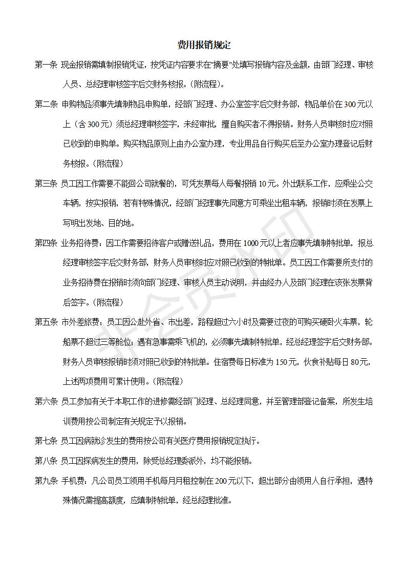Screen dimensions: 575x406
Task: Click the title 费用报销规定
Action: tap(204, 45)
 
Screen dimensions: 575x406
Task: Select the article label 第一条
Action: tap(46, 65)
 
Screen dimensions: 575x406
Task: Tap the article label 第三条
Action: tap(46, 184)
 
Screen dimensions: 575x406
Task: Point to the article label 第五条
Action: tap(46, 322)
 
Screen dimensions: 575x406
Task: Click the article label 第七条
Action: tap(46, 441)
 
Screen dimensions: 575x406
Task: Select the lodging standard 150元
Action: tap(285, 362)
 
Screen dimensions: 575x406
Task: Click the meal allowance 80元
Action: tap(360, 362)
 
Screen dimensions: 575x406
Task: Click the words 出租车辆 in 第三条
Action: tap(287, 203)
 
